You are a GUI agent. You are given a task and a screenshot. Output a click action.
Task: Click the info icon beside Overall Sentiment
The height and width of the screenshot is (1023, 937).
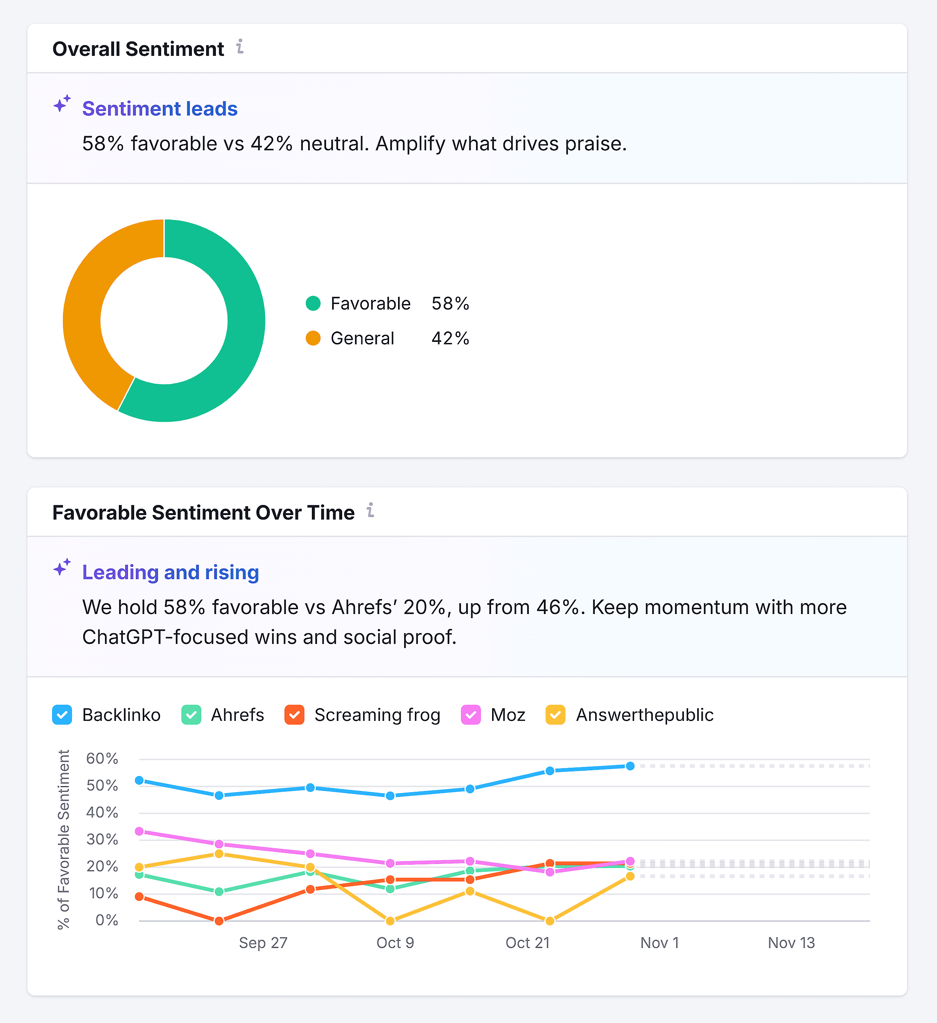tap(240, 47)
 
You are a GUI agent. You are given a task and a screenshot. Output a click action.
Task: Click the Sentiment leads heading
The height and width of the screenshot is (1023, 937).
tap(159, 109)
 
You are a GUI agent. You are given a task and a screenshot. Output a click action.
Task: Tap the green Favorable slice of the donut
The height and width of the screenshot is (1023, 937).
tap(238, 345)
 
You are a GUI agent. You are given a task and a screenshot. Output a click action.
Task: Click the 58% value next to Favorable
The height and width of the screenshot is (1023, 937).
tap(450, 303)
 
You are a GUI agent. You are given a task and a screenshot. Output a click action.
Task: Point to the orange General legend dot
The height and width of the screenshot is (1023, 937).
tap(313, 338)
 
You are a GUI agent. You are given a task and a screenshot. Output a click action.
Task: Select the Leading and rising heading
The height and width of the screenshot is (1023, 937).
tap(171, 572)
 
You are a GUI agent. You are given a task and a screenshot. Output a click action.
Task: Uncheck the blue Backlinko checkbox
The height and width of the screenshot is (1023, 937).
tap(62, 714)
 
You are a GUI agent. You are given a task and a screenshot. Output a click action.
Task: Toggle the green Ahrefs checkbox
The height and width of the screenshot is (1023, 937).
tap(191, 714)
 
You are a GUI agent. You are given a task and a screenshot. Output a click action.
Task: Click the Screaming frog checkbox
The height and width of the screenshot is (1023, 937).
tap(294, 714)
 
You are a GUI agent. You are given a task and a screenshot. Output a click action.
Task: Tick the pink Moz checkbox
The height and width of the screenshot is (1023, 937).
tap(471, 714)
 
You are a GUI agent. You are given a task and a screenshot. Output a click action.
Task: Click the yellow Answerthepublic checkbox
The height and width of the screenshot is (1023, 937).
tap(555, 714)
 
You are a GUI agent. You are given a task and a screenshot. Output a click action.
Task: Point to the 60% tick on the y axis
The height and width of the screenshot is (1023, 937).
tap(102, 759)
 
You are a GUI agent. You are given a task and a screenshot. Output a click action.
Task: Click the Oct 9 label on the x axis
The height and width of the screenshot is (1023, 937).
tap(395, 943)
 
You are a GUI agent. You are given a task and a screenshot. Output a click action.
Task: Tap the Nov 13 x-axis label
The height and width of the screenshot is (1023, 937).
tap(791, 943)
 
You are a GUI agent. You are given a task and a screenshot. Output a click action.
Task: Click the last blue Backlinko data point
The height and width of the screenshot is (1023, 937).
tap(630, 766)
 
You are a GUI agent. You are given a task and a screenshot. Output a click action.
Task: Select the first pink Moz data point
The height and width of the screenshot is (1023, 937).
tap(139, 831)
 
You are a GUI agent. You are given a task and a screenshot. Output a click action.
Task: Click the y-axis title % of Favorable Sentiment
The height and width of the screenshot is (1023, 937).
tap(63, 839)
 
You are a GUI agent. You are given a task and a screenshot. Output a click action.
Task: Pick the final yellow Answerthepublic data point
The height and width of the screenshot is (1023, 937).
tap(630, 876)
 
